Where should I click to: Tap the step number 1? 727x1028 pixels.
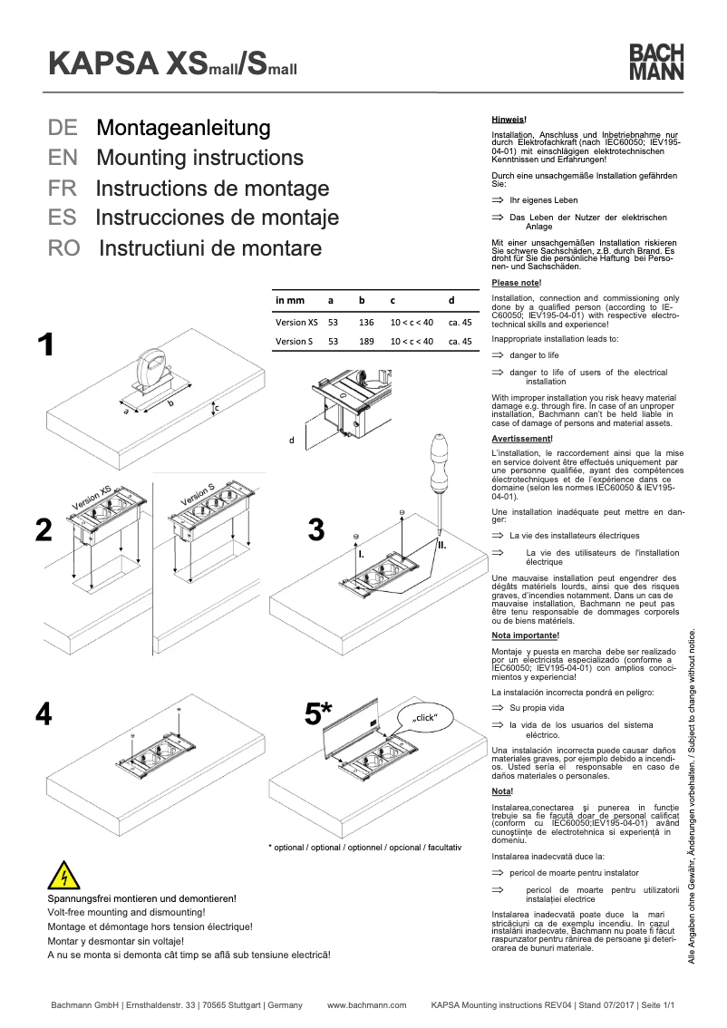point(45,345)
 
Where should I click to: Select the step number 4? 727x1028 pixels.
point(44,714)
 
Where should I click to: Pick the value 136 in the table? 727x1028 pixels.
point(366,322)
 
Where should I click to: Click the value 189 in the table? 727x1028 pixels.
point(366,342)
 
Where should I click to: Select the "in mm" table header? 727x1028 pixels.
point(290,299)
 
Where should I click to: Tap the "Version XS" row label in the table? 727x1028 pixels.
point(296,322)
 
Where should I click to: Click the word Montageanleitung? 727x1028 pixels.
point(183,127)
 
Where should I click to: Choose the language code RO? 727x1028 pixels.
point(64,248)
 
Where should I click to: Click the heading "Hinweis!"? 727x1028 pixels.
point(509,120)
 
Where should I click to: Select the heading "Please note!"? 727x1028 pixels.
point(515,283)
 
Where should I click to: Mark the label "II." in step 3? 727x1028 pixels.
point(441,546)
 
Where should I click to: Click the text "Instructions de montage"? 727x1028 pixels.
point(212,189)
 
